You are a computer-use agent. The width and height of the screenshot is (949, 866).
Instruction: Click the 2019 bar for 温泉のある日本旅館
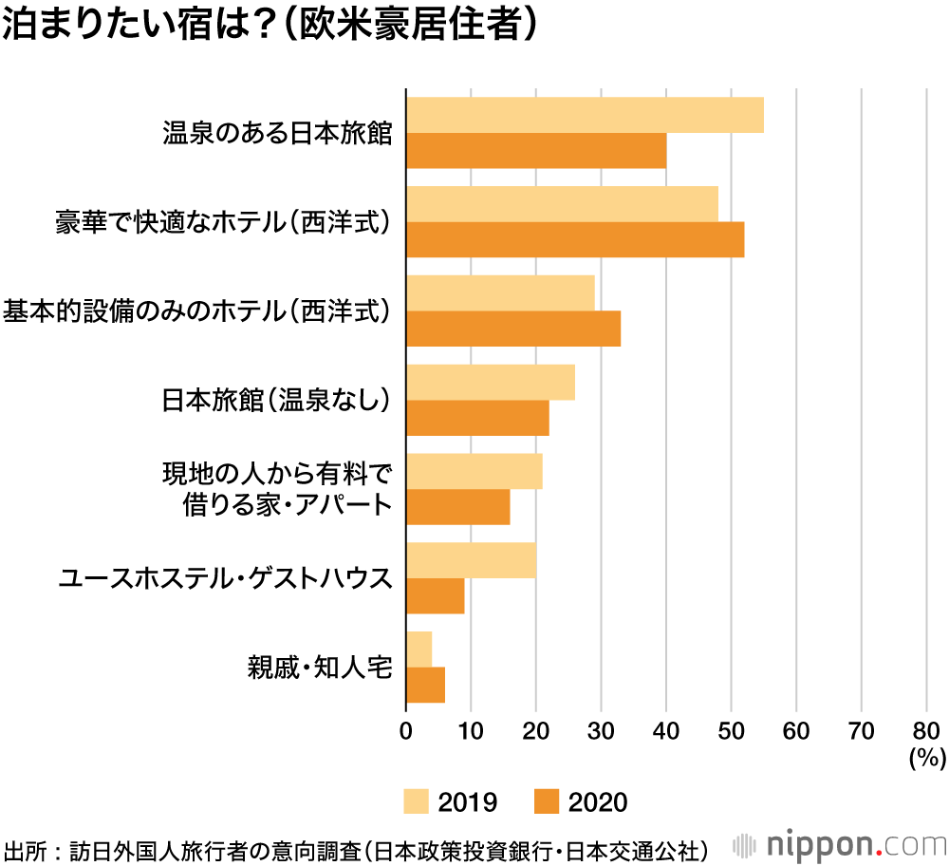point(585,115)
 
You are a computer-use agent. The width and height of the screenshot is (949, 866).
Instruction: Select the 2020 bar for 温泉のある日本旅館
point(536,150)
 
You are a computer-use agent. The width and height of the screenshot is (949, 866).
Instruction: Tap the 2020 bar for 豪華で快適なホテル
point(575,239)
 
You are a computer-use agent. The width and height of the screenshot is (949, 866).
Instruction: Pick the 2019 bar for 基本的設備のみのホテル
point(501,292)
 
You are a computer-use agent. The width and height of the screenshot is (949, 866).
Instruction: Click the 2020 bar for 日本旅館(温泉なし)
point(477,418)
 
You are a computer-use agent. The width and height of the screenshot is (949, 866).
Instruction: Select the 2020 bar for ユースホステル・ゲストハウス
point(436,595)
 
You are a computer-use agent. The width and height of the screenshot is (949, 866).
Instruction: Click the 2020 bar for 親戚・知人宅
point(425,685)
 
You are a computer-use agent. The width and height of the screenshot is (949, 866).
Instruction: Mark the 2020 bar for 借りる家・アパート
point(458,507)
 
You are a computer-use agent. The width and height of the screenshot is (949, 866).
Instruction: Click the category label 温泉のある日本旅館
point(277,132)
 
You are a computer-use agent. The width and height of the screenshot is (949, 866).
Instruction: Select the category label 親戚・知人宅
point(318,667)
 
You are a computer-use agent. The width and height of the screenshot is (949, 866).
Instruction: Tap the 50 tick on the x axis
point(731,731)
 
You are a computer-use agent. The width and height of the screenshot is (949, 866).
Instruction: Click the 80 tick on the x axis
point(925,731)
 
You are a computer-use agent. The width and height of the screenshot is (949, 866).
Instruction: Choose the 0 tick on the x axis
point(406,731)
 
